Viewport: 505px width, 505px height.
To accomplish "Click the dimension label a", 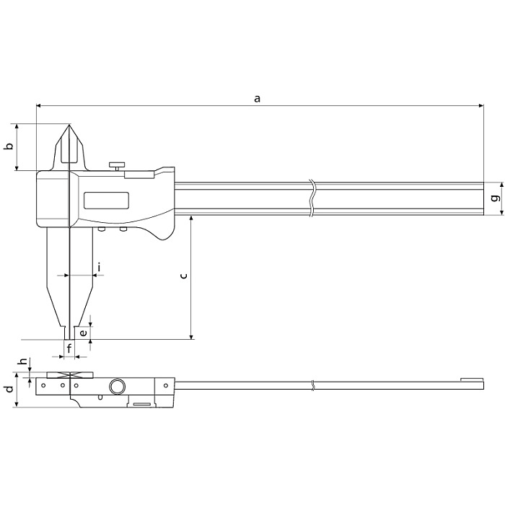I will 257,98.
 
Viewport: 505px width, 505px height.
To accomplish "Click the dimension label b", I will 9,146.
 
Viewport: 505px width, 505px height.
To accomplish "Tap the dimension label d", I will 8,390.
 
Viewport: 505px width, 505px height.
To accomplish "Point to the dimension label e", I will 84,333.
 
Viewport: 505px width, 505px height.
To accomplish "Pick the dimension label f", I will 69,348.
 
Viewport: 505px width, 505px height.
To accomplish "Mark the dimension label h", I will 22,362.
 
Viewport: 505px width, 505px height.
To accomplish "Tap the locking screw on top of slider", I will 115,166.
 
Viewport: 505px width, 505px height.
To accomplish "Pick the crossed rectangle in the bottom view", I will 70,375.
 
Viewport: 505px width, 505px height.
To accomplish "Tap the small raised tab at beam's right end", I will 471,379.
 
